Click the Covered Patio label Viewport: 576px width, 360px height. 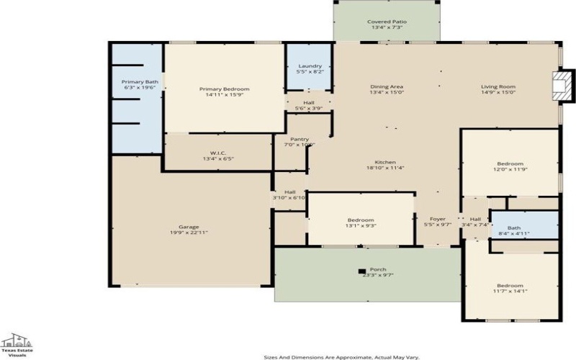tap(387, 25)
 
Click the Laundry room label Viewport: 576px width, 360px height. tap(310, 69)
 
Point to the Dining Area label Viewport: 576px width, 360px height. tap(387, 90)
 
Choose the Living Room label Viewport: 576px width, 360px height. tap(498, 90)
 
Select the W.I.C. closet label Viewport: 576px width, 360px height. tap(219, 156)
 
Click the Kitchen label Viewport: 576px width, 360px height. tap(385, 166)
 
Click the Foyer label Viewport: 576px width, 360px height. tap(438, 222)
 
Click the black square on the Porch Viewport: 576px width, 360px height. tap(362, 271)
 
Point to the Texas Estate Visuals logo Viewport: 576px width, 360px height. tap(16, 344)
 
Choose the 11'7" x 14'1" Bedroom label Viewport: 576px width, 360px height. tap(510, 288)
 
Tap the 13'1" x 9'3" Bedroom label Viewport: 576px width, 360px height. tap(361, 223)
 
